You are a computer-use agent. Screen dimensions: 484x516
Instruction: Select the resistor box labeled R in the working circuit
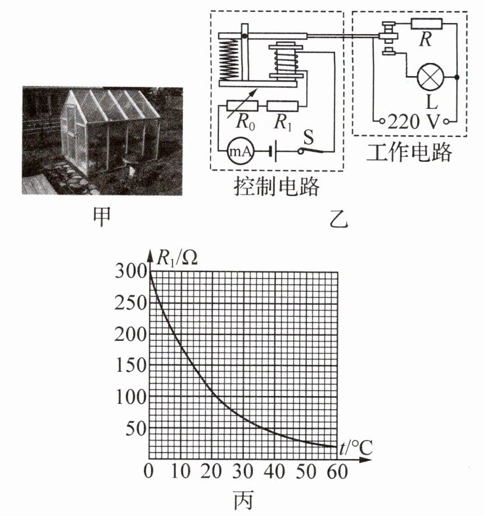[427, 24]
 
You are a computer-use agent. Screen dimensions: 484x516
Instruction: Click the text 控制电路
[276, 188]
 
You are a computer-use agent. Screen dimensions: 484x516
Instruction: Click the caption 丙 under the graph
[243, 502]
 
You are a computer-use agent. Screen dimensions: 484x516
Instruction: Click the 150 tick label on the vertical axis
[129, 366]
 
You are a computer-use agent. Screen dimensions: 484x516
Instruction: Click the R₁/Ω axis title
[177, 258]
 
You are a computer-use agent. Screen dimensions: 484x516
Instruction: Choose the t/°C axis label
[356, 448]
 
